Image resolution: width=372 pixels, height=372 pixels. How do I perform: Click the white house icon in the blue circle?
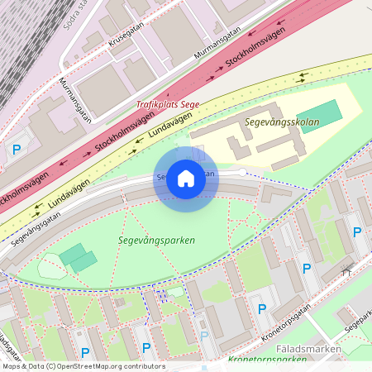coord(186,179)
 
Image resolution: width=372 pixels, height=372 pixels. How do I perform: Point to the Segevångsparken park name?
coord(156,241)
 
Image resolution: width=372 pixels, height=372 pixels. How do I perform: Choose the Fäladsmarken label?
coord(328,349)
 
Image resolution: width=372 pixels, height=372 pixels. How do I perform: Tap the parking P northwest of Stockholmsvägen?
coord(16,150)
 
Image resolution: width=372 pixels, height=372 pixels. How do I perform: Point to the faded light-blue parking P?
coord(204,336)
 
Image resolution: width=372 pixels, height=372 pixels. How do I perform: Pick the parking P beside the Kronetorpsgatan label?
coord(262,309)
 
